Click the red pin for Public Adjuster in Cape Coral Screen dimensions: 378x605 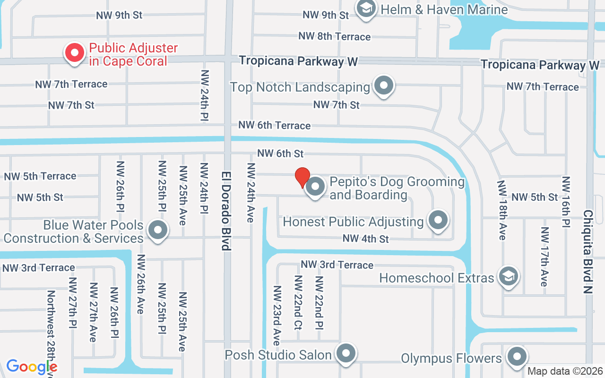click(75, 53)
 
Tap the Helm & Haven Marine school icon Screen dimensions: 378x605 click(365, 9)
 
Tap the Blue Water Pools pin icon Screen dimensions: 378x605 click(157, 231)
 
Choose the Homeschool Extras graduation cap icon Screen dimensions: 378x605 click(508, 276)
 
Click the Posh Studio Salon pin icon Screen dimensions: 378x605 click(346, 353)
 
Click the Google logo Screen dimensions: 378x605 click(32, 367)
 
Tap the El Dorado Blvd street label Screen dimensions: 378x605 click(227, 210)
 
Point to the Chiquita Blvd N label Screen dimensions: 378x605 click(588, 251)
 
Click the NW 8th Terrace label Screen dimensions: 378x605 click(334, 36)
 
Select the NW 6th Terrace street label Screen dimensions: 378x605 click(274, 125)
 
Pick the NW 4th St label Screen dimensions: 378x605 click(365, 239)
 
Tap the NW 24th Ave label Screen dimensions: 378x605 click(251, 193)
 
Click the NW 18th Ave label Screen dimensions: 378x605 click(501, 210)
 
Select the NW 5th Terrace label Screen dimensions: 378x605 click(40, 176)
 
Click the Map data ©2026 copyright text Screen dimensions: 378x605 click(565, 371)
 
